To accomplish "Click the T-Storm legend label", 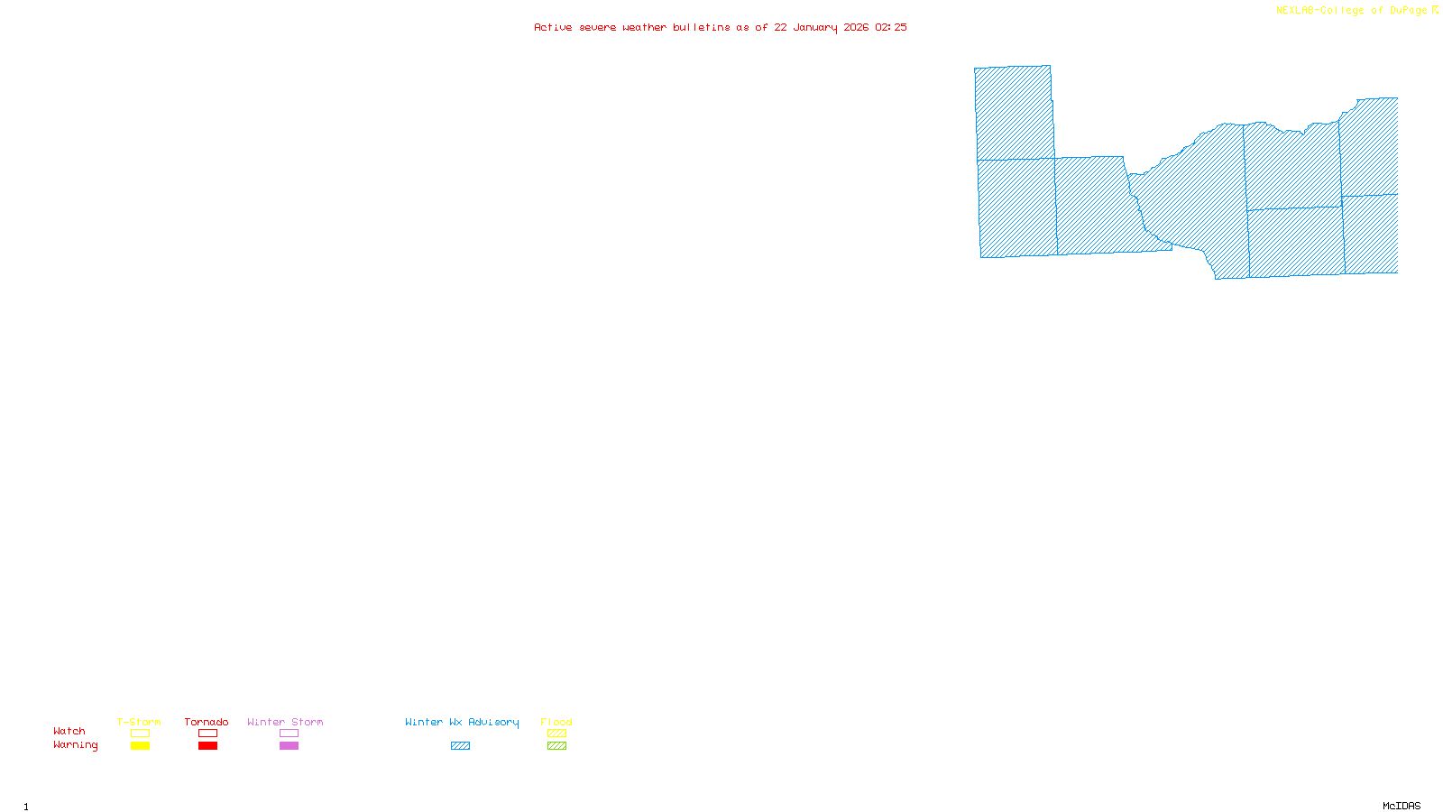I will tap(139, 722).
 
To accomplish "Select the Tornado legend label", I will tap(207, 722).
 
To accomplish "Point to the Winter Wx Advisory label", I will tap(462, 722).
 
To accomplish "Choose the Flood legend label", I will tap(556, 722).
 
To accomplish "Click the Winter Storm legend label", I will tap(285, 722).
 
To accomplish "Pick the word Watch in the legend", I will tap(69, 731).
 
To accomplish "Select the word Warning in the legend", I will tap(76, 745).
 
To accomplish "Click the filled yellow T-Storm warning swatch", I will tap(140, 746).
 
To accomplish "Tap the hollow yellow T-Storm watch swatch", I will tap(140, 734).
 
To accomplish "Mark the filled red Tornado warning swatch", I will tap(208, 746).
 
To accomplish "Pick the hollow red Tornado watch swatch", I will tap(208, 734).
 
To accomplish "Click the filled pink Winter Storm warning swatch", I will tap(289, 746).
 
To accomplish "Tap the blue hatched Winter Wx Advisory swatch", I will tap(460, 746).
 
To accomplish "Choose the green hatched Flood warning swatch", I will tap(557, 746).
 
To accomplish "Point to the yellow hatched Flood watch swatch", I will tap(557, 734).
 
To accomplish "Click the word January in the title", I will tap(815, 27).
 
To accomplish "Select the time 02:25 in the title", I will tap(891, 27).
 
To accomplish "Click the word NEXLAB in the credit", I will tap(1295, 11).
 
